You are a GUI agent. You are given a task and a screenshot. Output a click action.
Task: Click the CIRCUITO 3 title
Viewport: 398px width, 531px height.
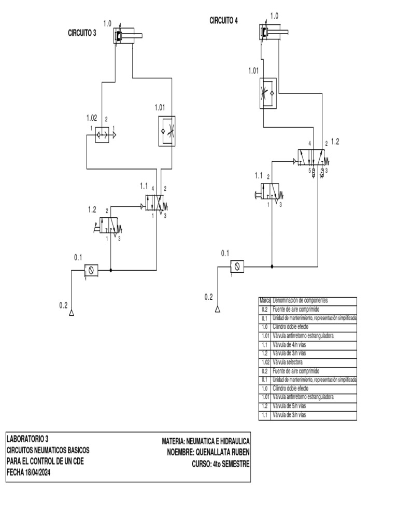pyautogui.click(x=82, y=33)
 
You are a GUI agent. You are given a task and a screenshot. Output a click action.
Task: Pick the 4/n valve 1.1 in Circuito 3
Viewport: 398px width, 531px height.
pyautogui.click(x=153, y=202)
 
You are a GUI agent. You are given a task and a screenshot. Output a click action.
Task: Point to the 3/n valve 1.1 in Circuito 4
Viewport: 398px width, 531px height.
pyautogui.click(x=272, y=192)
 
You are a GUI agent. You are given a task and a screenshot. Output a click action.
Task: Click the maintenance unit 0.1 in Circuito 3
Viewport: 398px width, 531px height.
pyautogui.click(x=91, y=270)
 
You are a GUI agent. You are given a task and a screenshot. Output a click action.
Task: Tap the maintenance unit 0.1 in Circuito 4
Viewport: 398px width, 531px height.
pyautogui.click(x=238, y=267)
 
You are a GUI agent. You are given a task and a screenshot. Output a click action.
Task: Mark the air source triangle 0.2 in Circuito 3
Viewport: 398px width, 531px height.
pyautogui.click(x=72, y=313)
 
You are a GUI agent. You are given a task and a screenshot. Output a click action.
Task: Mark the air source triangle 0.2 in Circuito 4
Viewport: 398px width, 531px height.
pyautogui.click(x=218, y=310)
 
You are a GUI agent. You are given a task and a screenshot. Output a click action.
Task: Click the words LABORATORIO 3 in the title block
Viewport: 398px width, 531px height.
pyautogui.click(x=28, y=438)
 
